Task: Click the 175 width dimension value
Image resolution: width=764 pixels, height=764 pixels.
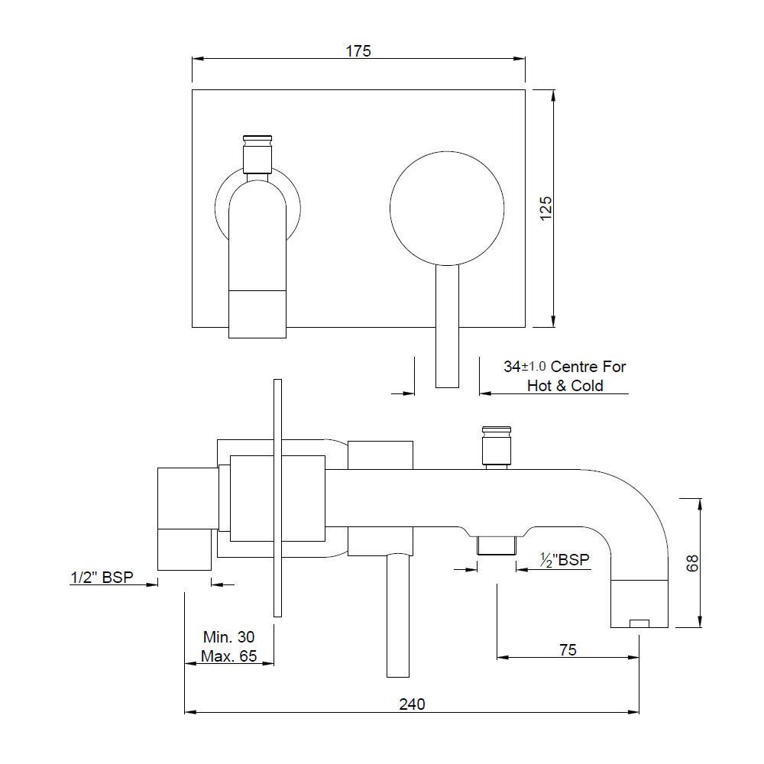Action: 358,50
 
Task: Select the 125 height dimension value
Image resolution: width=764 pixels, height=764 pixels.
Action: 545,208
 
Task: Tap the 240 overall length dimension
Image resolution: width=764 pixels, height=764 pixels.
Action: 412,704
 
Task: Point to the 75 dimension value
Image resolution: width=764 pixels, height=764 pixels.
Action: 568,650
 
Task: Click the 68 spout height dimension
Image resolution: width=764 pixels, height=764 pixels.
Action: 691,563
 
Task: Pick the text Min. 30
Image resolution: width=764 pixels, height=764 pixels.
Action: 229,637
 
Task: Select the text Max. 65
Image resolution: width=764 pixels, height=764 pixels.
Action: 229,656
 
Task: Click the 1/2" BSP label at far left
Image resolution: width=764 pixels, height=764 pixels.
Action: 102,578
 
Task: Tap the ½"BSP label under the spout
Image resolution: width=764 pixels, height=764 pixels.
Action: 565,560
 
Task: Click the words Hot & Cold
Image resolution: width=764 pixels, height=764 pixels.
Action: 565,385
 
